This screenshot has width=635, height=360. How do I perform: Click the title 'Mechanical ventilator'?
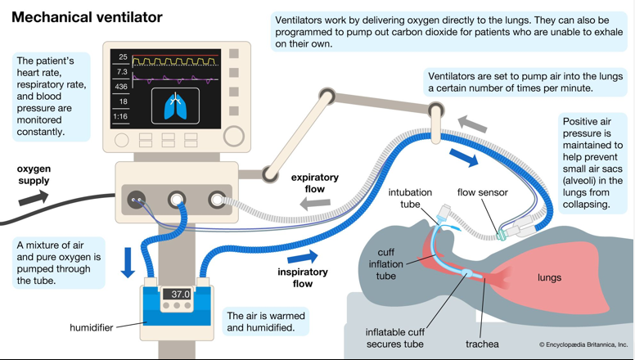(87, 17)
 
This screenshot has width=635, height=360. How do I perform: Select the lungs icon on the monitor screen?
(175, 107)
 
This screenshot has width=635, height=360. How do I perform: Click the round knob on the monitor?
(233, 135)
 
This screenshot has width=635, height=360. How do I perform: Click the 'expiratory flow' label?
(315, 182)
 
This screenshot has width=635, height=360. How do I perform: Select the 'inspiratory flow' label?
(303, 277)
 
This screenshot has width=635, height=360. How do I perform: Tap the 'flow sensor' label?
(482, 193)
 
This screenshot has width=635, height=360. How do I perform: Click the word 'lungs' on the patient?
(549, 277)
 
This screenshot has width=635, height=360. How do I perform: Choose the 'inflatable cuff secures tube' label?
(394, 338)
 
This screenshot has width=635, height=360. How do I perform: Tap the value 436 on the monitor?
(122, 87)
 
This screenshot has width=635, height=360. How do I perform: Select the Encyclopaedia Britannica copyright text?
(583, 345)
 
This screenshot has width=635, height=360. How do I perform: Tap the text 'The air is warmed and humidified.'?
(266, 322)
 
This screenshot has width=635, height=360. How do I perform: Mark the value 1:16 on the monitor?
(122, 116)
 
